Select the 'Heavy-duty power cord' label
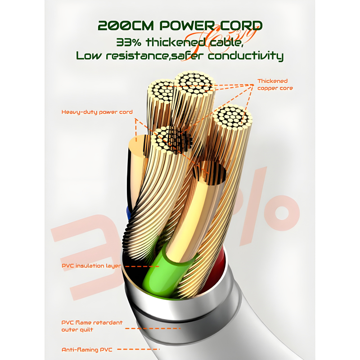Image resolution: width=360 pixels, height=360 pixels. click(97, 112)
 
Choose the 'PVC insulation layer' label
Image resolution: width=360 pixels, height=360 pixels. click(91, 266)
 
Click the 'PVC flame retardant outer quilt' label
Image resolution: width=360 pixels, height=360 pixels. click(92, 326)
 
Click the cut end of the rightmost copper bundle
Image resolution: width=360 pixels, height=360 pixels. click(233, 116)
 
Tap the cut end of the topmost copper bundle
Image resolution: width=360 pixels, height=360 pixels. click(194, 84)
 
